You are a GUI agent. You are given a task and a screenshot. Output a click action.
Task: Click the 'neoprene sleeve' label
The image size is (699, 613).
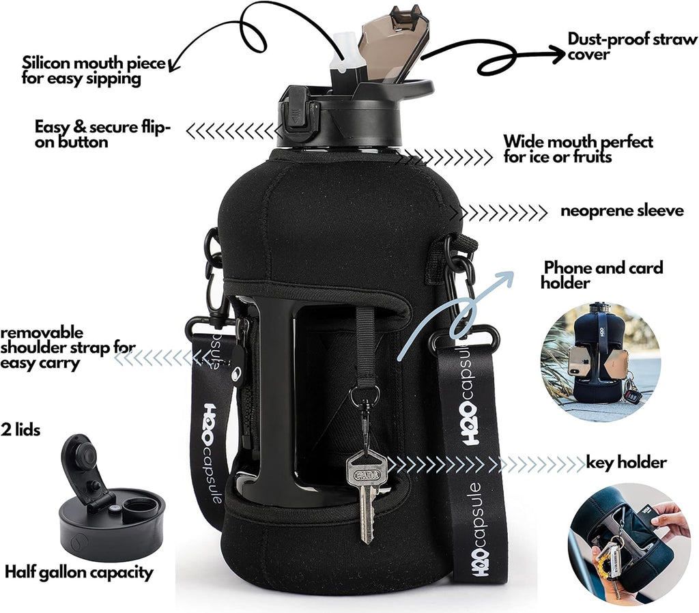click(x=622, y=211)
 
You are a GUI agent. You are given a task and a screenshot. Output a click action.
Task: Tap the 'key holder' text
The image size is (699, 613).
click(x=626, y=463)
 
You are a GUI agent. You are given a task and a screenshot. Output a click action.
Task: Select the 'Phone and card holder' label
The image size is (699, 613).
click(x=602, y=274)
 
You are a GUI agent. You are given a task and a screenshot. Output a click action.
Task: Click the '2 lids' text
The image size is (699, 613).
click(x=21, y=430)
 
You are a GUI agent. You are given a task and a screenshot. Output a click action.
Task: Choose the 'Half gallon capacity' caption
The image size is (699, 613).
click(x=79, y=572)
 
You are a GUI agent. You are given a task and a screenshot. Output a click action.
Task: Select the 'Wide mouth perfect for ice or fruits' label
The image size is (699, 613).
click(x=577, y=149)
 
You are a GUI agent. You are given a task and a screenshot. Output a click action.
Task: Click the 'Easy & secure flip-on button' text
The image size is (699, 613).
click(x=102, y=134)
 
